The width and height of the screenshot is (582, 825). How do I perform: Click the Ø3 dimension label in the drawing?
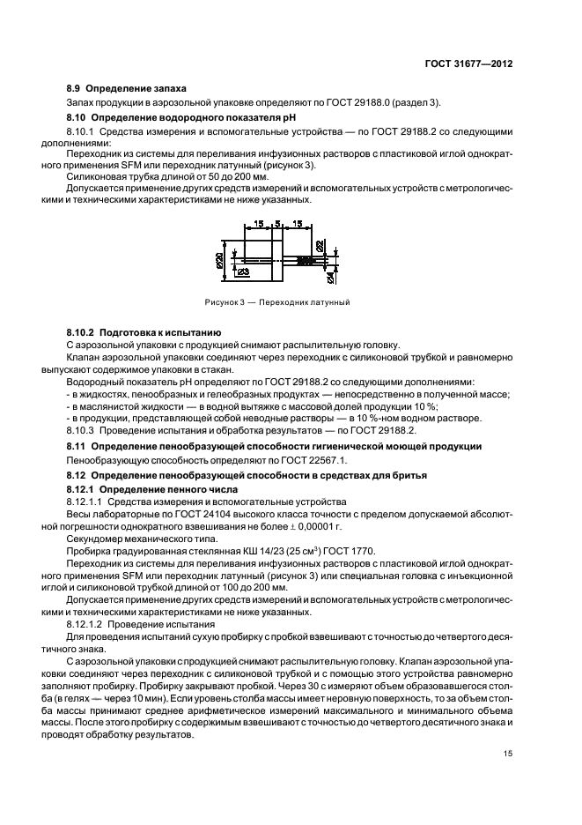pos(243,274)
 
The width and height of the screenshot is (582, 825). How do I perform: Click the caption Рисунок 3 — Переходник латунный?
pos(277,302)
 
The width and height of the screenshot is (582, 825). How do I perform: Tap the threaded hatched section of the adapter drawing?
pos(303,261)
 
